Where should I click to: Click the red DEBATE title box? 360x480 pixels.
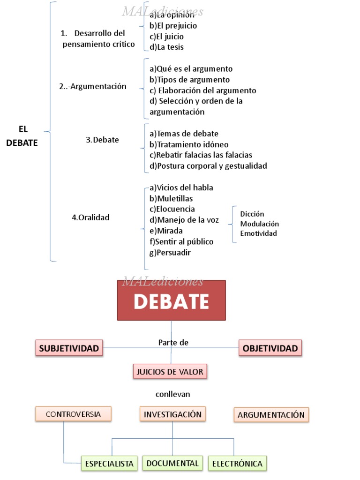click(x=171, y=300)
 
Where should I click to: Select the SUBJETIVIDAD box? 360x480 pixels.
click(x=69, y=348)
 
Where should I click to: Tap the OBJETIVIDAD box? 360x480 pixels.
click(x=270, y=348)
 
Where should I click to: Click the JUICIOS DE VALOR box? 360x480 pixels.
click(x=170, y=372)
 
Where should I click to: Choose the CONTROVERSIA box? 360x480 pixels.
click(x=73, y=414)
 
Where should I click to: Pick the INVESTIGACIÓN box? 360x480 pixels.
click(x=172, y=414)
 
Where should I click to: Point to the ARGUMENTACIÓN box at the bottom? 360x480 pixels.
click(x=271, y=415)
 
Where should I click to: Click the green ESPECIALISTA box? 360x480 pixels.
click(x=109, y=464)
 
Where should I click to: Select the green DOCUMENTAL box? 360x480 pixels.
click(x=172, y=463)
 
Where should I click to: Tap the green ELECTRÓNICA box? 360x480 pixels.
click(x=237, y=464)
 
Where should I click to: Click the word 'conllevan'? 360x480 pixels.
click(x=172, y=394)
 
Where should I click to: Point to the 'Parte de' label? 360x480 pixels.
click(x=173, y=343)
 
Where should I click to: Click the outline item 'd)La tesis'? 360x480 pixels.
click(x=166, y=47)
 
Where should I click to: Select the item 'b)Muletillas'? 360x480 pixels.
click(x=171, y=198)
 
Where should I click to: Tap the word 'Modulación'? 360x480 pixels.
click(x=259, y=224)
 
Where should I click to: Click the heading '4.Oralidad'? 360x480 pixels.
click(x=90, y=217)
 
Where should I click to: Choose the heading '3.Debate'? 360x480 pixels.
click(x=102, y=140)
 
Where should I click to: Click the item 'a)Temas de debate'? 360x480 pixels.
click(x=184, y=134)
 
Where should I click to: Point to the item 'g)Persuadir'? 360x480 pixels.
click(x=170, y=252)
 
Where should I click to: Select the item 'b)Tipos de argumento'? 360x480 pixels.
click(x=189, y=80)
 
